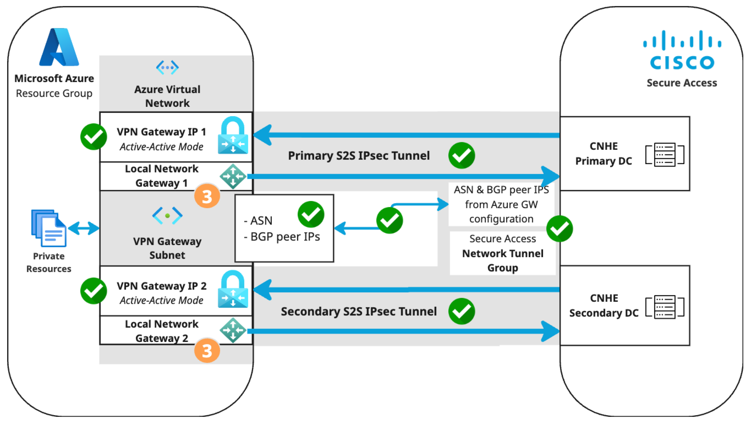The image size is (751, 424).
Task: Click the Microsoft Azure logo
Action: (x=59, y=47)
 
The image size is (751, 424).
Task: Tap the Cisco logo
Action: (x=682, y=50)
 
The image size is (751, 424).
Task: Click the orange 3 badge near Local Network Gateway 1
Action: (x=207, y=196)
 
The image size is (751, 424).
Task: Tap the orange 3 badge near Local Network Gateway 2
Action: (x=207, y=350)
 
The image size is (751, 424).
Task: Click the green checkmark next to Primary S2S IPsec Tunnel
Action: (x=462, y=155)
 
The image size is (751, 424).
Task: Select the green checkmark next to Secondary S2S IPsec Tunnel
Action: (x=462, y=311)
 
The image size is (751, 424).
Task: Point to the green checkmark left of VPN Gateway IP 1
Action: (x=94, y=137)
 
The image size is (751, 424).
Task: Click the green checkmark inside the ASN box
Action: (x=311, y=214)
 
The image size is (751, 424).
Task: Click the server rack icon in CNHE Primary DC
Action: (x=665, y=154)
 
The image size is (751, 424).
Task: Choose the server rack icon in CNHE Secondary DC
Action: (x=665, y=307)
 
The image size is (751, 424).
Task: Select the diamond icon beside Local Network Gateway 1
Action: (x=233, y=176)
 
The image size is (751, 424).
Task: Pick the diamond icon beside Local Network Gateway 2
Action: (x=233, y=330)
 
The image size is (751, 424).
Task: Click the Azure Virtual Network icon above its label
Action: (x=167, y=67)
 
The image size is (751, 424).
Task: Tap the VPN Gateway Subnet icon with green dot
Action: (x=167, y=216)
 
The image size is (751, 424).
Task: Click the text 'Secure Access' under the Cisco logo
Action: (x=682, y=83)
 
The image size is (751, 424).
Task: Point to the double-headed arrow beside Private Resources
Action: (x=84, y=228)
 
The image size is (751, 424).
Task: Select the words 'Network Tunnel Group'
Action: (x=503, y=260)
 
